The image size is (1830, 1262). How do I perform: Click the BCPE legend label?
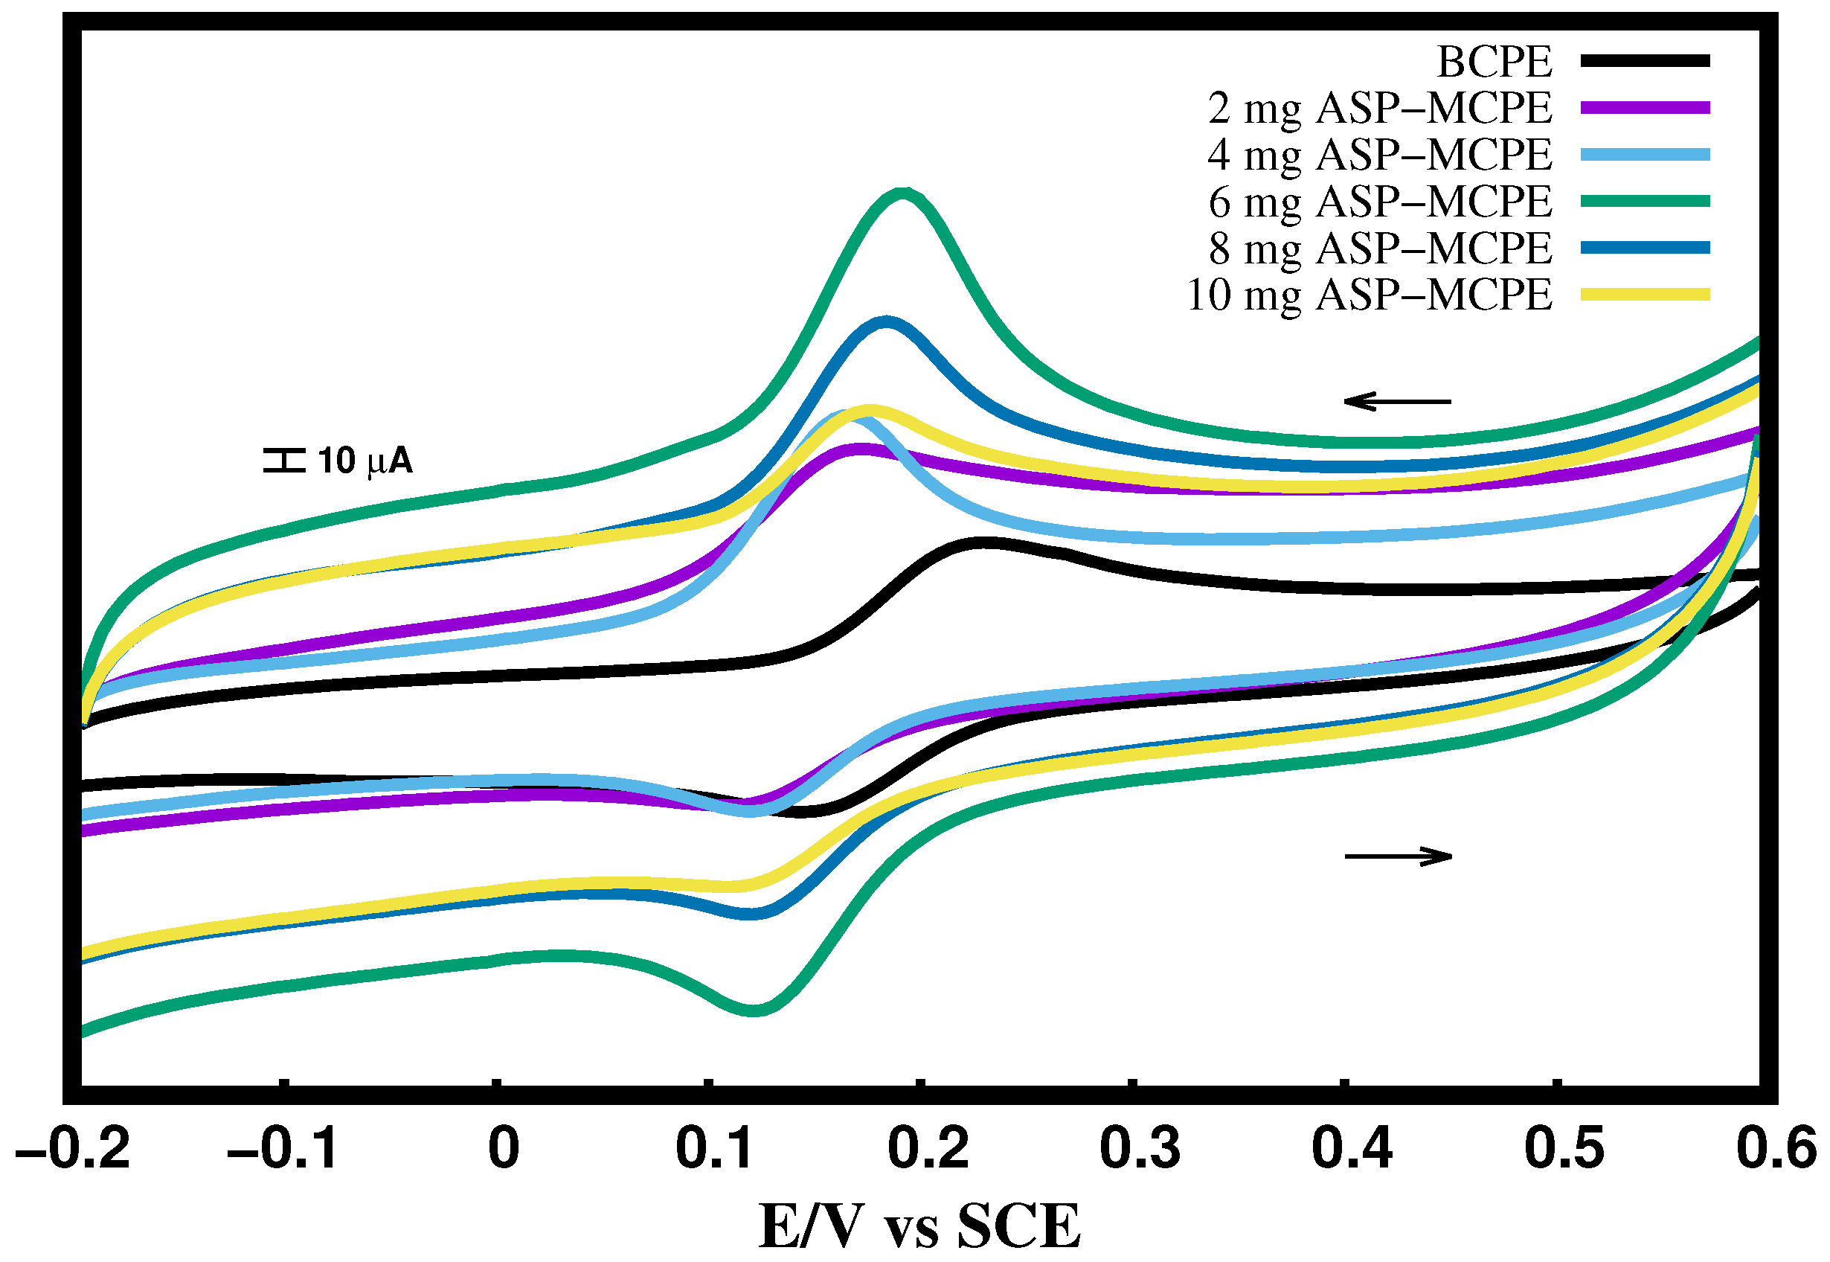click(x=1493, y=62)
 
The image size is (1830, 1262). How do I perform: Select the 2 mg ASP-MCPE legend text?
click(x=1379, y=109)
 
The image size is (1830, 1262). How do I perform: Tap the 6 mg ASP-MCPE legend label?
click(x=1379, y=202)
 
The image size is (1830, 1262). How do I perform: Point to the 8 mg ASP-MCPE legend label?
click(x=1379, y=249)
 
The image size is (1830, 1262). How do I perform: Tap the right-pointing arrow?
click(x=1398, y=856)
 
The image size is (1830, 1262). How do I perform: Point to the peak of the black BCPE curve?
click(x=980, y=542)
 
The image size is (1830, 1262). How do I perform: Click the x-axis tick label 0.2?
click(x=927, y=1149)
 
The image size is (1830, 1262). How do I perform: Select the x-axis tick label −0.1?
click(x=282, y=1149)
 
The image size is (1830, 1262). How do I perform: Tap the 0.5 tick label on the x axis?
click(x=1564, y=1149)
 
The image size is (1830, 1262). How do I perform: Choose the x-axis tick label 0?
click(x=504, y=1149)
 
